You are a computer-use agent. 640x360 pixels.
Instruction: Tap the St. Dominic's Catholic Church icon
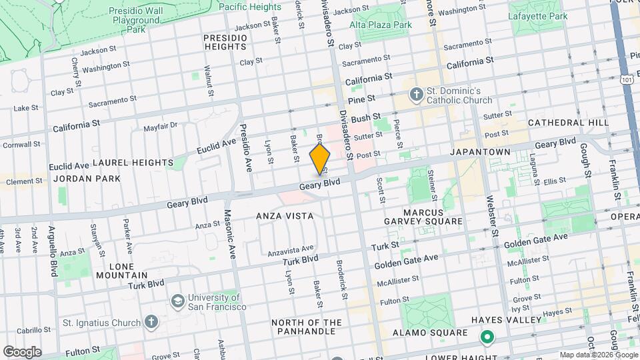coord(417,94)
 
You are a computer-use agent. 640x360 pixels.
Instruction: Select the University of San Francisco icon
coord(178,301)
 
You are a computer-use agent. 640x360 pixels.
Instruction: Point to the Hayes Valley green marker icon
coord(487,337)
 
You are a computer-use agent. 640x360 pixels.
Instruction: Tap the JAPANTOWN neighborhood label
coord(480,152)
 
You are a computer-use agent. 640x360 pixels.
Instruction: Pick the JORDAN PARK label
coord(87,179)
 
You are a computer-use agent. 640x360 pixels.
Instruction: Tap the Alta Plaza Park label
coord(381,25)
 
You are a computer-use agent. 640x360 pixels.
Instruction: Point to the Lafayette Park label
coord(537,16)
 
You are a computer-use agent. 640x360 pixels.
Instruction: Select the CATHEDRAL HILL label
coord(568,123)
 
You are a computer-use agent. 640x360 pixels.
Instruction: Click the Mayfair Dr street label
coord(160,125)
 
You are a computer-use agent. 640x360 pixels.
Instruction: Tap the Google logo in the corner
coord(21,351)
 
